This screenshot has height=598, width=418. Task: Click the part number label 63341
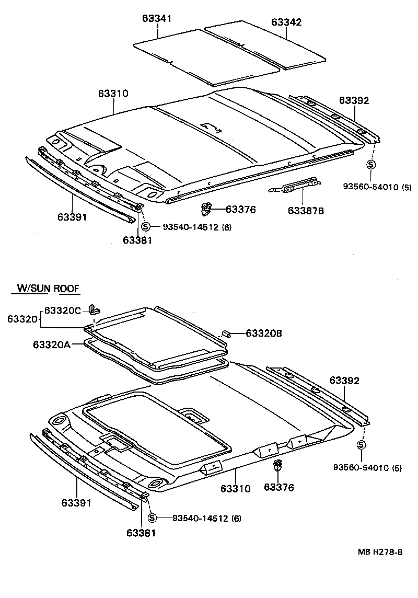coord(157,19)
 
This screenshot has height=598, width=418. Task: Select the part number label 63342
coord(286,22)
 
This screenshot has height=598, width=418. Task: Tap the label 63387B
coord(306,211)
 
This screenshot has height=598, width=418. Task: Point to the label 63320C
coord(62,310)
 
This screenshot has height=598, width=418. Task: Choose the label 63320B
coord(264,333)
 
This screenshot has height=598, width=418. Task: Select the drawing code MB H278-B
coord(380,552)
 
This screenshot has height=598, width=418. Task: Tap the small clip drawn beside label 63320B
coord(227,332)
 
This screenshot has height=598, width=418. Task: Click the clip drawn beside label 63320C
coord(94,308)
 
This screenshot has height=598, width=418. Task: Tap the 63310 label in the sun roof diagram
coord(235,489)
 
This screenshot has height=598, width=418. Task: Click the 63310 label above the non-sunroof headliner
coord(113,94)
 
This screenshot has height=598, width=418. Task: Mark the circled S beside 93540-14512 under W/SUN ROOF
coord(152,518)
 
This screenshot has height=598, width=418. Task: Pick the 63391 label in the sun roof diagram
coord(77,503)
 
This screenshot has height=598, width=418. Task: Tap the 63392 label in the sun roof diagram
coord(344,381)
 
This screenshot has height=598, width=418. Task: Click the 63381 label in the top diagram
coord(138,240)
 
